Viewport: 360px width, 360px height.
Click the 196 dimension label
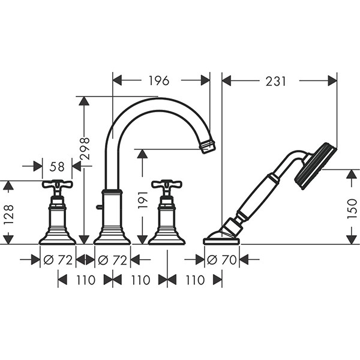(x=159, y=80)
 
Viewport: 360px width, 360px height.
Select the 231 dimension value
(x=276, y=81)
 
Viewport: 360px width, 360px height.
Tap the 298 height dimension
(x=84, y=149)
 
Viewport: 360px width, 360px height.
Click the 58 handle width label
(x=57, y=166)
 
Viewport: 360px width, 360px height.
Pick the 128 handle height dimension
(x=9, y=215)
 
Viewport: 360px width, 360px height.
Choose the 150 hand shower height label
(x=352, y=209)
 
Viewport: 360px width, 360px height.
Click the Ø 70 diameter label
(x=222, y=260)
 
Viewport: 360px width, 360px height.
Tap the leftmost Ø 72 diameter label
(x=58, y=260)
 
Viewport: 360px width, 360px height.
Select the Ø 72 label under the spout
(x=113, y=260)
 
